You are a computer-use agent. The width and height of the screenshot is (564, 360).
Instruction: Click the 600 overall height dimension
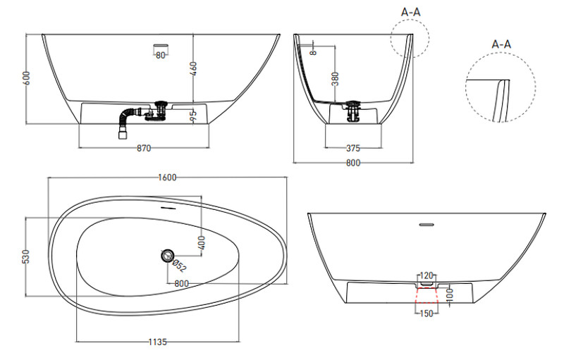[x=27, y=78]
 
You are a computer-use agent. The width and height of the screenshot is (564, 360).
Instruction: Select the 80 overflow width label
[x=161, y=56]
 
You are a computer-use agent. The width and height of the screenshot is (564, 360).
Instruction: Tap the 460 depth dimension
[x=193, y=69]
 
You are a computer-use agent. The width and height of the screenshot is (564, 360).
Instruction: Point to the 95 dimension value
[x=193, y=115]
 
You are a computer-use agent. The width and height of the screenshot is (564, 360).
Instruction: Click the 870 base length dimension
[x=144, y=148]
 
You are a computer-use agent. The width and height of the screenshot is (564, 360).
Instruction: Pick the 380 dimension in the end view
[x=336, y=79]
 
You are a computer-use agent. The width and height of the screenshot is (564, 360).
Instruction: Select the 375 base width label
[x=353, y=148]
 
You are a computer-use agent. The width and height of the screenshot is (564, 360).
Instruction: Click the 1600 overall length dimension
[x=167, y=178]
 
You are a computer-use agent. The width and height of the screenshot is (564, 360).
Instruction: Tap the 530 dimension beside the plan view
[x=26, y=256]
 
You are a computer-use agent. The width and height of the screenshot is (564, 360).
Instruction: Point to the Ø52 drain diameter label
[x=179, y=266]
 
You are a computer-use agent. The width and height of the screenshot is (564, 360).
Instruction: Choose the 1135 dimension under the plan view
[x=158, y=342]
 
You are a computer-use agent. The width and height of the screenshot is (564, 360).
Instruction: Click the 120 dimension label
[x=427, y=276]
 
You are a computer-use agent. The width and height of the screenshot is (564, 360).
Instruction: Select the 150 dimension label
[x=427, y=314]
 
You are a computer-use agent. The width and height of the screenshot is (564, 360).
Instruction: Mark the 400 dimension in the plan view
[x=202, y=243]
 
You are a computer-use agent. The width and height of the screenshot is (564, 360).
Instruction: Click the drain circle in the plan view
[x=167, y=256]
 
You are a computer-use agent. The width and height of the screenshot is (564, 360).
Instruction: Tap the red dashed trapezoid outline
[x=427, y=296]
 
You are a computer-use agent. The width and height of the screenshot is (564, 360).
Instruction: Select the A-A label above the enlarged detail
[x=501, y=44]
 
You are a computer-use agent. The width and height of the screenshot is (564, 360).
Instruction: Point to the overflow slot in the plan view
[x=168, y=208]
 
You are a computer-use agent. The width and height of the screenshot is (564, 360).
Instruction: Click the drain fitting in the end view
[x=353, y=111]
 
